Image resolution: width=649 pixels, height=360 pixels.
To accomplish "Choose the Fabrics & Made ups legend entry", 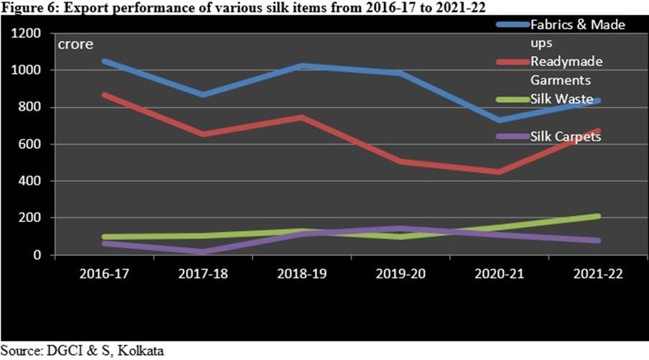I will click(577, 33).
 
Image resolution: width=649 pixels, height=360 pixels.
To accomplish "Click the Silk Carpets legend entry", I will click(565, 137).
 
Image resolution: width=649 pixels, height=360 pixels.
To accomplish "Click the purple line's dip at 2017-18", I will click(204, 251).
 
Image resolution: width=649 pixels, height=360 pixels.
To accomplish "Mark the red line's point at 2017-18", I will click(204, 134).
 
